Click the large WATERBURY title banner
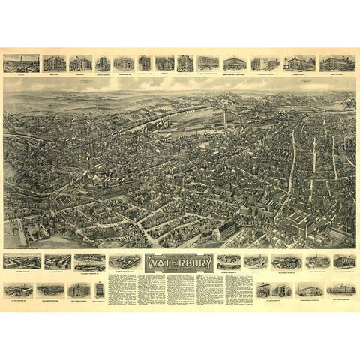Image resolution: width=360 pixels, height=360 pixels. click(179, 263)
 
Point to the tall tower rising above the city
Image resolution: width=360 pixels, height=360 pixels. click(224, 112)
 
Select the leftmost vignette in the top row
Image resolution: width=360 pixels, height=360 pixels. click(21, 63)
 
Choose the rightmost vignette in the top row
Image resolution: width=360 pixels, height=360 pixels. click(337, 63)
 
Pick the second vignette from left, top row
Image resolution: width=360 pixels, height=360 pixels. click(54, 63)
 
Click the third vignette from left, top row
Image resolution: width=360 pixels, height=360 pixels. click(80, 63)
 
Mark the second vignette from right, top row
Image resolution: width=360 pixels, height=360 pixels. click(300, 63)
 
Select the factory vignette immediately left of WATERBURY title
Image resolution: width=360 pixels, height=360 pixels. click(124, 261)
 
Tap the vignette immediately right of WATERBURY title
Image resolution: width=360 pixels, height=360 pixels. click(229, 261)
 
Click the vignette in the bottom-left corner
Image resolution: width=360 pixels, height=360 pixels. click(18, 289)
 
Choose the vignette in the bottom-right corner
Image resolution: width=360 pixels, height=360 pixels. click(341, 289)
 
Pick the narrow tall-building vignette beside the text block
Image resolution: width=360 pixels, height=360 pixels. click(99, 289)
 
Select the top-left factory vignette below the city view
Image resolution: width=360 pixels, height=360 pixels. click(19, 261)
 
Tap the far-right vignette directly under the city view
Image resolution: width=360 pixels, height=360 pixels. click(344, 260)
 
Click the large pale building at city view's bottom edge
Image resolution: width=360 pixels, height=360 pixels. click(225, 234)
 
